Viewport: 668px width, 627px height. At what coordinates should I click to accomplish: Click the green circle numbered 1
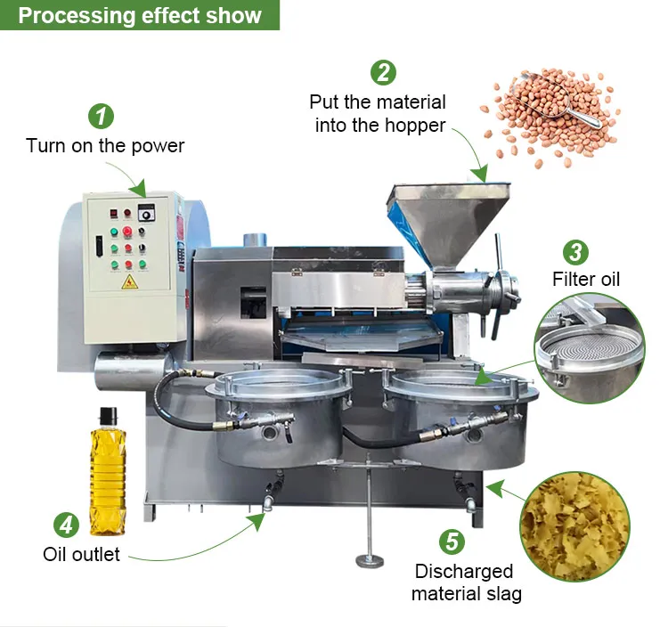(101, 116)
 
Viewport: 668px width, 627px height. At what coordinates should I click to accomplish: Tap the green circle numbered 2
(384, 72)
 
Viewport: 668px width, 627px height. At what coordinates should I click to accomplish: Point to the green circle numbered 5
(452, 541)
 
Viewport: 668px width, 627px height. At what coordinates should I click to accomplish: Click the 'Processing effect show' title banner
(140, 15)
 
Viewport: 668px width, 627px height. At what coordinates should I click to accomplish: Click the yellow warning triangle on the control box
(129, 282)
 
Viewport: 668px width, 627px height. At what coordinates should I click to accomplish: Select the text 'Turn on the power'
(104, 145)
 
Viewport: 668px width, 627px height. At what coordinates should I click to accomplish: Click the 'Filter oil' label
(585, 279)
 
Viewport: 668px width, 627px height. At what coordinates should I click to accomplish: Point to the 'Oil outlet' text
(81, 554)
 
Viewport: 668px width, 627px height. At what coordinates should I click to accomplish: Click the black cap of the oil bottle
(108, 414)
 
